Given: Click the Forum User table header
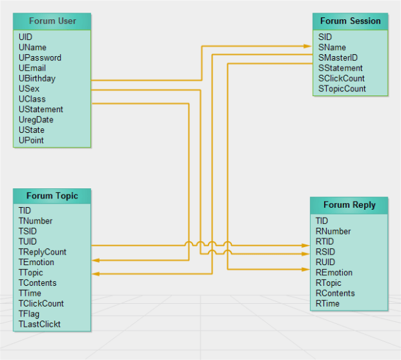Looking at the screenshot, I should coord(52,21).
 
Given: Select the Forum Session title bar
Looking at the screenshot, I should coord(350,21).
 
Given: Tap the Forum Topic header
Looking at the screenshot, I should coord(52,196).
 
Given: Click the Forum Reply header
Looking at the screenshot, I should coord(349,205).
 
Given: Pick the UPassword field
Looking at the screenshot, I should coord(40,58).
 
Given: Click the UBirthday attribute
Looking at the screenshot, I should coord(37,78).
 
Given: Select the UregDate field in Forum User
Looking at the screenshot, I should coord(36,120).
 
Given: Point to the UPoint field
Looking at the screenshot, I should coord(31,140).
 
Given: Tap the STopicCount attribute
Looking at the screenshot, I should coord(342,88).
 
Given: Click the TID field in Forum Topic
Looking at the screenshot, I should coord(25,210).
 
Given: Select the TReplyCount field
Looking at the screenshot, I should coord(42,252).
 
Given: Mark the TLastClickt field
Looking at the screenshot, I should coord(39,325).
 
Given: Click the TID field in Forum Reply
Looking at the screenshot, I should coord(321,220).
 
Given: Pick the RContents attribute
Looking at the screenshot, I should coord(335,293).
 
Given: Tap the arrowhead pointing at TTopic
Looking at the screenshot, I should coord(95,273).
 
